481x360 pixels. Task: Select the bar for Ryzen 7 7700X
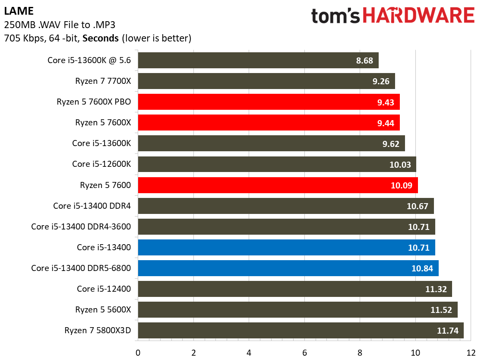[x=266, y=81]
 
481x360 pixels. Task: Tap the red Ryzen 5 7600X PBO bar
[x=269, y=102]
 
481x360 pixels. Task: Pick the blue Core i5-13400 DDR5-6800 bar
[x=288, y=268]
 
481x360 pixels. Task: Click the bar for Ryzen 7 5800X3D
[x=301, y=331]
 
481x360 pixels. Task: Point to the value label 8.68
[x=364, y=61]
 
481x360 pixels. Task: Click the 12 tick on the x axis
[x=471, y=353]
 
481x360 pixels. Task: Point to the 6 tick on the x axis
[x=305, y=353]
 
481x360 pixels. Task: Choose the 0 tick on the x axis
[x=138, y=353]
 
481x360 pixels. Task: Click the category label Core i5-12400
[x=104, y=289]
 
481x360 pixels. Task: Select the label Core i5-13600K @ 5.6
[x=89, y=60]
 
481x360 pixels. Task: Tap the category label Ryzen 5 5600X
[x=103, y=309]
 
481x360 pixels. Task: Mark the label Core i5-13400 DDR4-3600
[x=81, y=226]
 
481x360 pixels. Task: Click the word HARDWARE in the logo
[x=418, y=16]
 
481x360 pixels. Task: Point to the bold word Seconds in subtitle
[x=100, y=38]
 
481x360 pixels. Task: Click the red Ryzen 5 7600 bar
[x=278, y=185]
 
